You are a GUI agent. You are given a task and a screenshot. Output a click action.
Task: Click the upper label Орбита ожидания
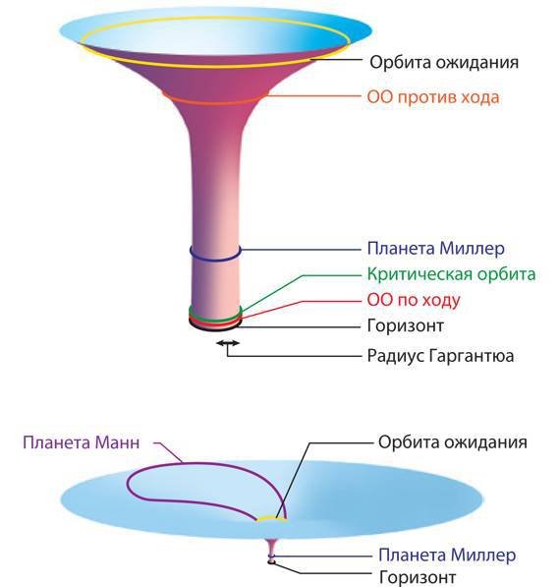pos(444,62)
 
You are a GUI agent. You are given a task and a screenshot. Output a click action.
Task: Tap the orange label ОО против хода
pos(433,97)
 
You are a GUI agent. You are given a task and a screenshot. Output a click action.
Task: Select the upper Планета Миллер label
pos(435,248)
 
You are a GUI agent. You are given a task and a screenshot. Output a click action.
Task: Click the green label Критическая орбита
pos(451,274)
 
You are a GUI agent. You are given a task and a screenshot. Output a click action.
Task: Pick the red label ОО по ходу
pos(414,300)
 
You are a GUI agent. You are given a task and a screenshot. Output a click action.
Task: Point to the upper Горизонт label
pos(405,325)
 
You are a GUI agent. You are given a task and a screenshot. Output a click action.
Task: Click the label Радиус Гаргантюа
pos(440,355)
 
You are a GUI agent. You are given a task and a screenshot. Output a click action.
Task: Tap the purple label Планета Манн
pos(82,442)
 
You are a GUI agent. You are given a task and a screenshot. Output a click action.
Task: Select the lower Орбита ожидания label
pos(452,442)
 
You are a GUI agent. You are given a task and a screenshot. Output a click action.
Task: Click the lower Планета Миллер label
pos(447,555)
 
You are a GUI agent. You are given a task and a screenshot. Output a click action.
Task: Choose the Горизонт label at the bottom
pos(418,576)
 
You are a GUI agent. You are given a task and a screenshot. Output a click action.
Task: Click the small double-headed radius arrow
pos(228,342)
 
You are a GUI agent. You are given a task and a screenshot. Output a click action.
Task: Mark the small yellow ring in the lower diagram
pos(272,517)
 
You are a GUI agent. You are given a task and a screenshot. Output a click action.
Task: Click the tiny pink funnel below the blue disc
pos(272,550)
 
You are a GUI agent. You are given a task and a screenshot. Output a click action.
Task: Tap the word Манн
pos(118,442)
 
